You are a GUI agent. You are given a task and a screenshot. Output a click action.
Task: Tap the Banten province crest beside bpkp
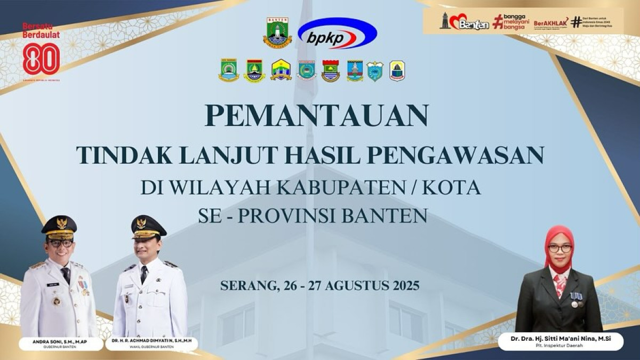[277, 33]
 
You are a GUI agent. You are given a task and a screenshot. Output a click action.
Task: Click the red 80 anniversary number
[41, 58]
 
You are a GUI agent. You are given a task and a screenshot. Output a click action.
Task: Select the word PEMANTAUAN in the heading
[317, 115]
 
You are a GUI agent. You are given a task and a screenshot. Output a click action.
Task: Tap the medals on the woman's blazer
[575, 298]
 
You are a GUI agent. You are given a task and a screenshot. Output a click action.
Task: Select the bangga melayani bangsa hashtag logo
[511, 21]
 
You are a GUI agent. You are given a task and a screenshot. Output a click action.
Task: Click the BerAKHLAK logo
[550, 23]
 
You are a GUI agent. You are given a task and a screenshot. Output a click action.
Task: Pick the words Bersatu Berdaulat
[41, 30]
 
